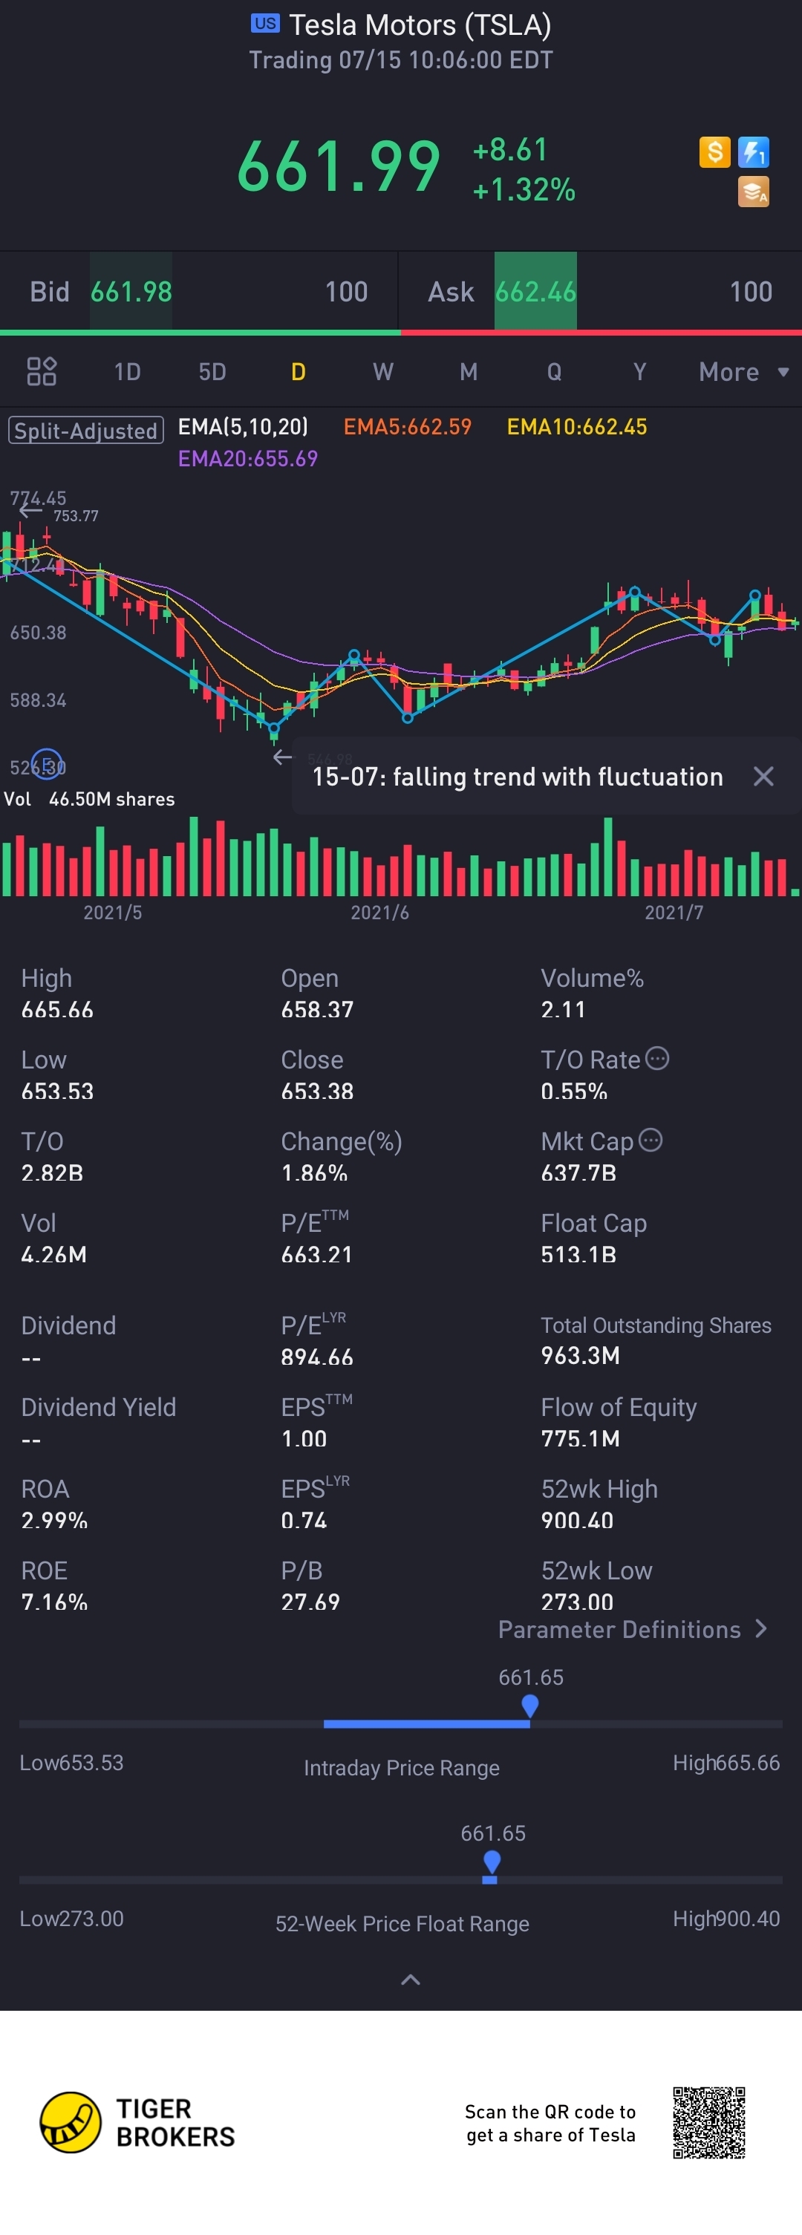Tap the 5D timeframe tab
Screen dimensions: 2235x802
coord(212,372)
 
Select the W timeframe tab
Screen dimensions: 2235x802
coord(382,372)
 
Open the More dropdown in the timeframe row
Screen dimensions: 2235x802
coord(743,372)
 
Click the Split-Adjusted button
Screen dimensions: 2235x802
coord(86,431)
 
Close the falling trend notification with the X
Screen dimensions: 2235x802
coord(763,777)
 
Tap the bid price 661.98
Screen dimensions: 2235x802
coord(131,292)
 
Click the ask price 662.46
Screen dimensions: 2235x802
coord(535,292)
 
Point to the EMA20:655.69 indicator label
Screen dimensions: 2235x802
coord(247,458)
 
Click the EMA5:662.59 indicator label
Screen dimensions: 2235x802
coord(407,427)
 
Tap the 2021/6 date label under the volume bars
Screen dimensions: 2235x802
coord(379,913)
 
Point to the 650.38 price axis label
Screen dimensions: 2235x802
coord(38,633)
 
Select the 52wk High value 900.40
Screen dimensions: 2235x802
coord(577,1520)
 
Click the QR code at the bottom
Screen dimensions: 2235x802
coord(708,2122)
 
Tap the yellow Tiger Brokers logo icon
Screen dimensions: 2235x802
coord(71,2122)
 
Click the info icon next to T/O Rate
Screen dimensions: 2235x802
coord(657,1059)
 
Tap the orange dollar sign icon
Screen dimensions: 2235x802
coord(714,153)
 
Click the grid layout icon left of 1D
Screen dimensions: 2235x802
coord(42,371)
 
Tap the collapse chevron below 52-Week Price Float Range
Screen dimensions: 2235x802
coord(411,1980)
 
